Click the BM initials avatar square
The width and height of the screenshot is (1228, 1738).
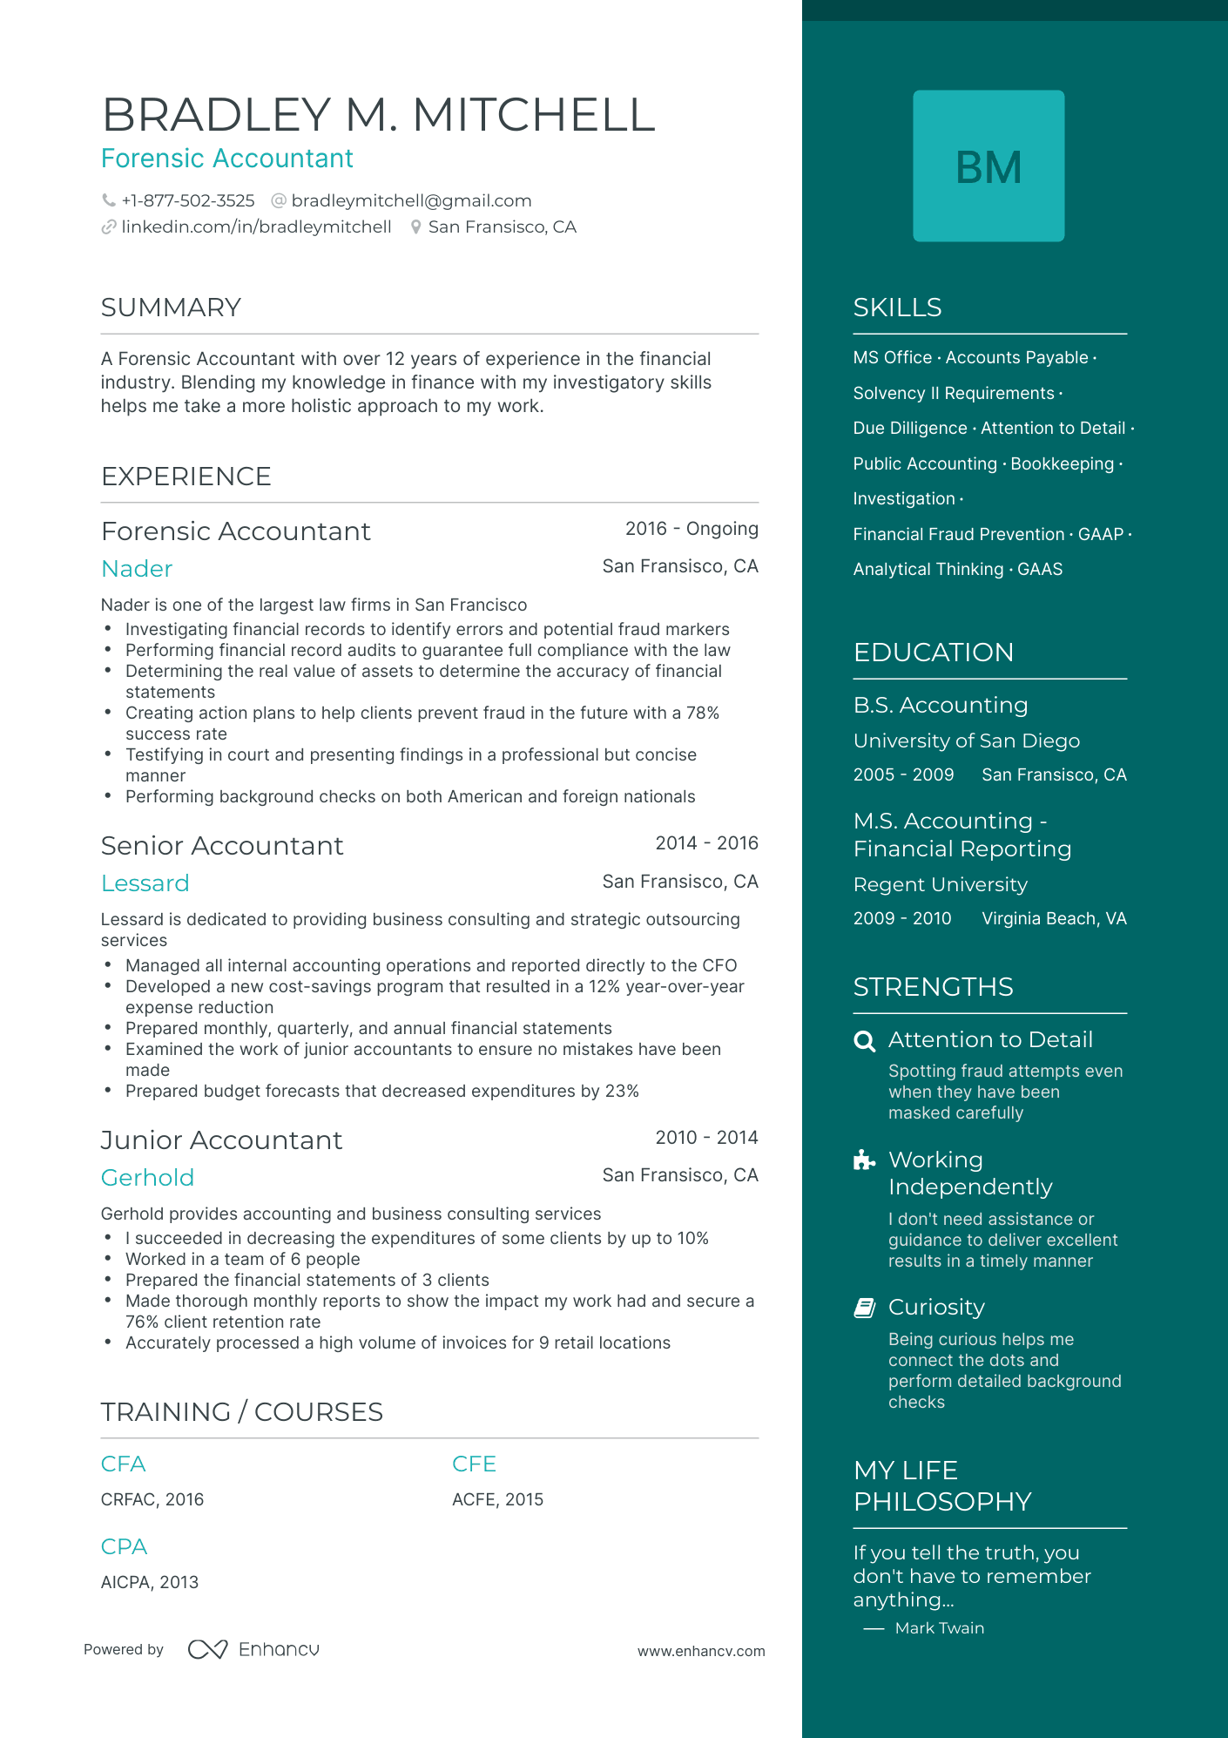point(988,166)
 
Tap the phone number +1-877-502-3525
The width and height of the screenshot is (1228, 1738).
point(187,201)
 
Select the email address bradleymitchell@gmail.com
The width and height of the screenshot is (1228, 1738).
point(411,201)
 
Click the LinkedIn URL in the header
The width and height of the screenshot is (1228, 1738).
point(256,227)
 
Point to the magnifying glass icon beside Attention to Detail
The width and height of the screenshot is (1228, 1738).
point(864,1041)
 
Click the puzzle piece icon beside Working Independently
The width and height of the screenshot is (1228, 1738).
point(864,1160)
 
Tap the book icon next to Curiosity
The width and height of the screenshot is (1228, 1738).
point(864,1308)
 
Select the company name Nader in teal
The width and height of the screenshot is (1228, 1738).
point(137,569)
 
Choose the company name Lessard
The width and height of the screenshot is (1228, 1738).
point(145,883)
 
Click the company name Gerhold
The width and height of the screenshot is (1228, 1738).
point(147,1178)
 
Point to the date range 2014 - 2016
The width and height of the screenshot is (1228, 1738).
point(706,843)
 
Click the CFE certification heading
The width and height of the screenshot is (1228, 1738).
point(474,1464)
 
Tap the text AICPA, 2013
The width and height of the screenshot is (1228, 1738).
point(150,1582)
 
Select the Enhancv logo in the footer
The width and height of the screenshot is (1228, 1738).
point(253,1649)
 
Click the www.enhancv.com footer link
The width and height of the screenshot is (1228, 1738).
point(701,1651)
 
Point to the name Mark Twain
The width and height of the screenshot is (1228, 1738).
point(939,1628)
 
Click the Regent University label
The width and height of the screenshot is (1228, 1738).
point(940,885)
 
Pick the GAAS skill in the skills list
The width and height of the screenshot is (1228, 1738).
point(1040,570)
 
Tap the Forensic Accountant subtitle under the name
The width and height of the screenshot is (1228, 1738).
point(227,159)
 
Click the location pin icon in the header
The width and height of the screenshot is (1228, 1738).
point(416,227)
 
